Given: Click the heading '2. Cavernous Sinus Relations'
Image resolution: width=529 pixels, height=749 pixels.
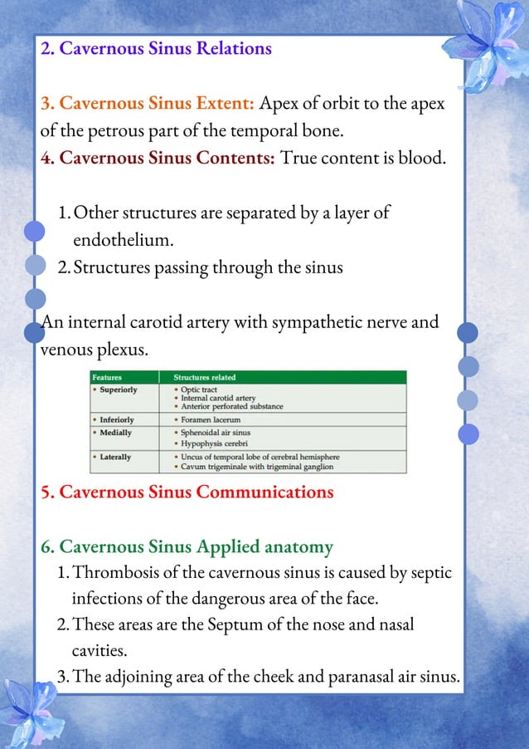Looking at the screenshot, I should coord(156,48).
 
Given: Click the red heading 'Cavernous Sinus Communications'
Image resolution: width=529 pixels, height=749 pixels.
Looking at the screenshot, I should coord(187,492).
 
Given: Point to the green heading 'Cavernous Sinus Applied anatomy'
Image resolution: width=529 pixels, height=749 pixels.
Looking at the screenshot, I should coord(187,546).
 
